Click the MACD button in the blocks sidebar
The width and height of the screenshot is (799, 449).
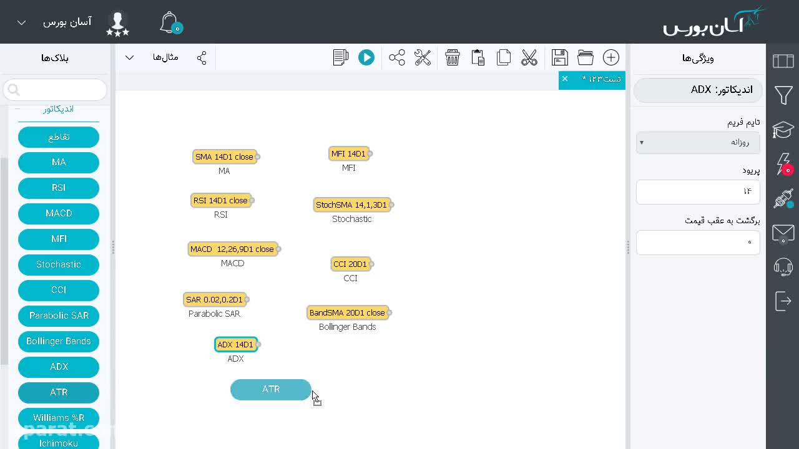(x=59, y=213)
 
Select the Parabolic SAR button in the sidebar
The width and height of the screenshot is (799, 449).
(x=59, y=316)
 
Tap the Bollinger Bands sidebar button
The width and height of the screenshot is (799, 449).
(x=59, y=341)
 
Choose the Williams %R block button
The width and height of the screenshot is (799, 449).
(x=59, y=418)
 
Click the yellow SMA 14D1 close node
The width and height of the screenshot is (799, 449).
(x=224, y=157)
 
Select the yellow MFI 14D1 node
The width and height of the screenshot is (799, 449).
(x=348, y=153)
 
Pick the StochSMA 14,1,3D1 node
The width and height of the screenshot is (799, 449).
(x=351, y=205)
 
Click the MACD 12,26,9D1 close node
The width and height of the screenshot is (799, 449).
(x=232, y=249)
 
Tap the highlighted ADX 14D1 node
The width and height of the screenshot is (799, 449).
(x=235, y=345)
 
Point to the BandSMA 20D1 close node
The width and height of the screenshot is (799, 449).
(x=347, y=313)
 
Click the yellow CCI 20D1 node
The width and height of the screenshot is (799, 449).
(x=350, y=264)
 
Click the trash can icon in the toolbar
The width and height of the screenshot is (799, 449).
(x=453, y=58)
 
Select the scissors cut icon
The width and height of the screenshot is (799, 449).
(x=529, y=58)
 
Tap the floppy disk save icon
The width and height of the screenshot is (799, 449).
(x=560, y=58)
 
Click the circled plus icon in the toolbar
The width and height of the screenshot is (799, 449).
(x=611, y=58)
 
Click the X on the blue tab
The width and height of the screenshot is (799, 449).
(x=565, y=79)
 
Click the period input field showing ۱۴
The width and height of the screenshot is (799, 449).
(x=698, y=191)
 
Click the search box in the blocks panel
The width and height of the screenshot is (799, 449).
(x=55, y=90)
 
